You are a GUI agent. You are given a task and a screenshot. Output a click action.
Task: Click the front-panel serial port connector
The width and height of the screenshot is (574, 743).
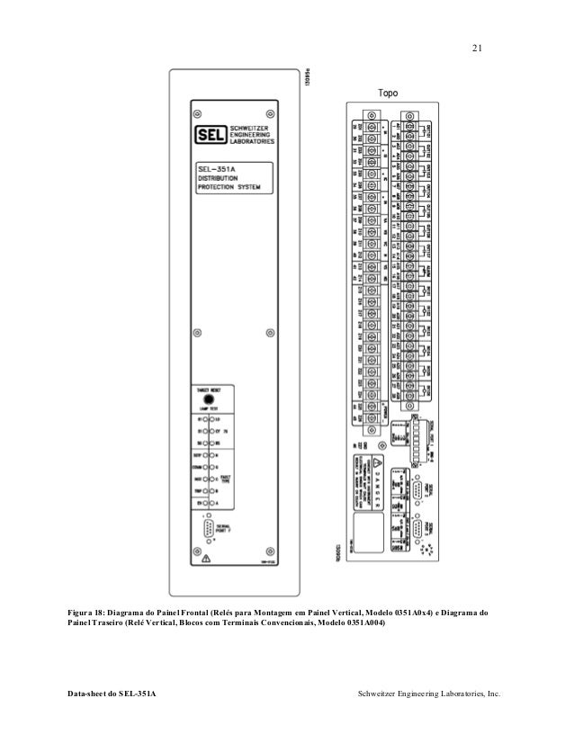(x=209, y=529)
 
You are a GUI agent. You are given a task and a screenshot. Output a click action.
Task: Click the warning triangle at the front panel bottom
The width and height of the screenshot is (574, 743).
(x=207, y=558)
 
